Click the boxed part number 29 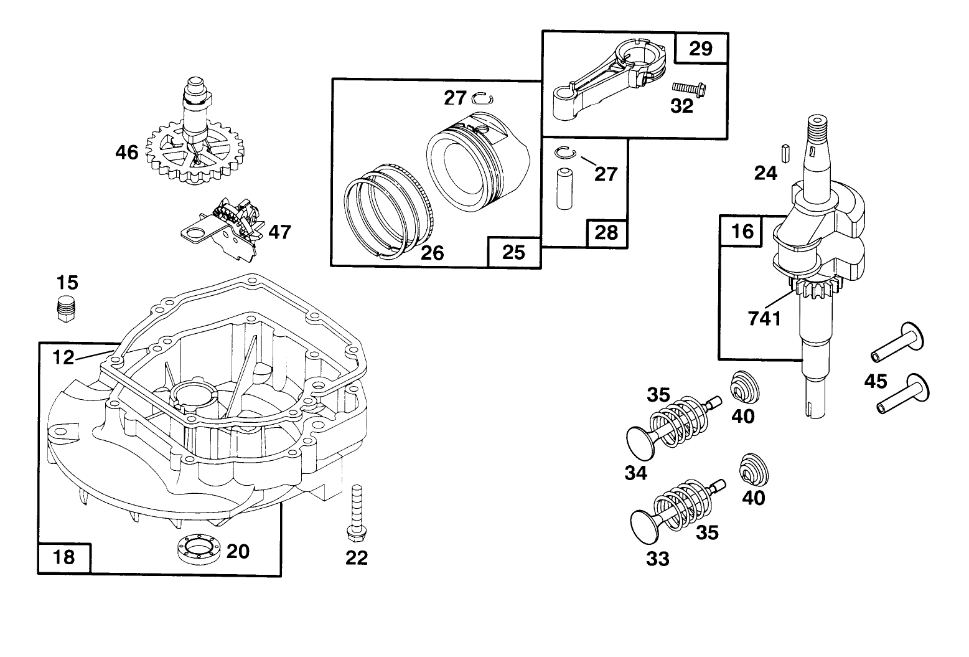pos(701,48)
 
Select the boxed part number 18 pos(65,557)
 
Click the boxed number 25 pos(513,252)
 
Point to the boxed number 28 pos(607,232)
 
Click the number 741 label pos(764,318)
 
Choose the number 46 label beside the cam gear pos(127,151)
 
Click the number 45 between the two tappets pos(875,380)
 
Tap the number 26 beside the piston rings pos(433,252)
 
